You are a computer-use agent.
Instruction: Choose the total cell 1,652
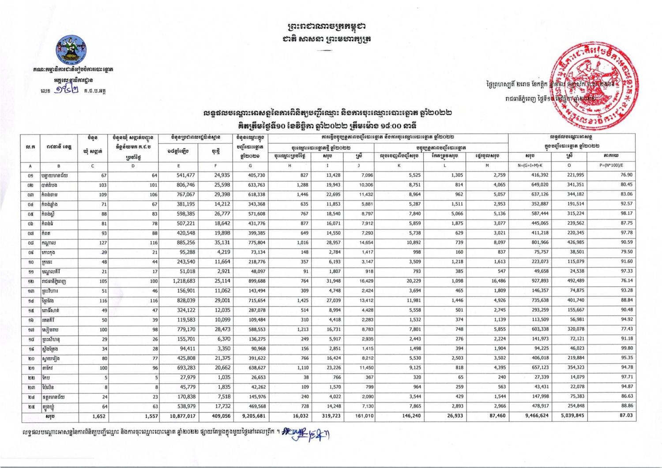coord(98,416)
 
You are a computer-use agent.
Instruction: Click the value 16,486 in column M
coord(496,281)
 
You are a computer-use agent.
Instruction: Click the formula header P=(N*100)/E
coord(611,165)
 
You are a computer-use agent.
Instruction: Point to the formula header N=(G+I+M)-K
coord(530,165)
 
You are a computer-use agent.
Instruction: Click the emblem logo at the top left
coord(72,50)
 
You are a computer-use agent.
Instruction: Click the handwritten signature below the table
coord(309,434)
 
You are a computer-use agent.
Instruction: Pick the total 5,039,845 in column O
coord(572,416)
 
